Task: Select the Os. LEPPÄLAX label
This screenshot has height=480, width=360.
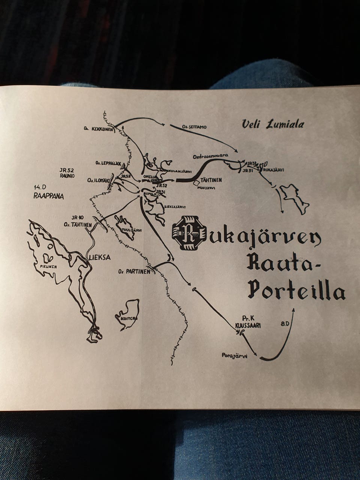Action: click(x=107, y=163)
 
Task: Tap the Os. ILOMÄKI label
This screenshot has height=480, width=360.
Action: click(x=97, y=180)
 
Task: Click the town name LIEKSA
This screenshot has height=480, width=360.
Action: click(x=100, y=257)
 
